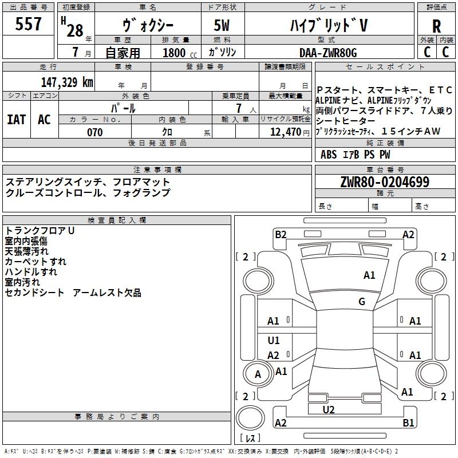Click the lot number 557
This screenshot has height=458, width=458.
29,25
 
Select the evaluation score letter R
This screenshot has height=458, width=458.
436,26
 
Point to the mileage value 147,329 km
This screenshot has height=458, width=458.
67,82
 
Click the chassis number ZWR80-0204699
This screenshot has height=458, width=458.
385,182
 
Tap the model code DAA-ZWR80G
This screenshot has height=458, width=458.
327,53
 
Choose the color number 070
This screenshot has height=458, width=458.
94,132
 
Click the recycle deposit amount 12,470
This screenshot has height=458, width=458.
284,132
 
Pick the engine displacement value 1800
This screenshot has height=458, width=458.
174,53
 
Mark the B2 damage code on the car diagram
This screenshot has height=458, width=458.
280,234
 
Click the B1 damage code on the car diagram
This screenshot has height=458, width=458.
408,423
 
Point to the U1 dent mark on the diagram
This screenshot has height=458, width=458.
274,341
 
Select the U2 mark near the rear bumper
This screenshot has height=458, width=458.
329,409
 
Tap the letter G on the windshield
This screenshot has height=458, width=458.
362,302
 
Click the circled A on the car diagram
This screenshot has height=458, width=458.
258,374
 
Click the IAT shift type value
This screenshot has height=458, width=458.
16,120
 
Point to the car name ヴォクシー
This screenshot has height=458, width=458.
148,26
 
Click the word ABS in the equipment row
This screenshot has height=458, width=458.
329,155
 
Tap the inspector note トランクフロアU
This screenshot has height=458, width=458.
40,231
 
